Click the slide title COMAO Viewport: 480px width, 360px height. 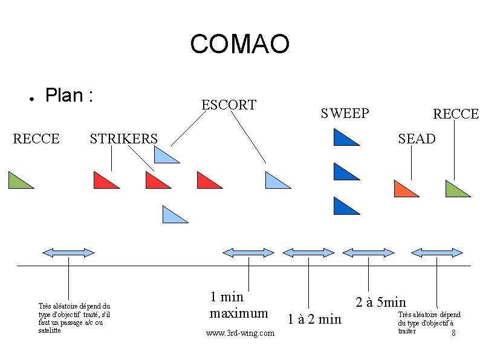[240, 44]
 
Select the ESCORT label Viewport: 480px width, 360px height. [229, 105]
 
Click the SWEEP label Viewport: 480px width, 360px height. [345, 113]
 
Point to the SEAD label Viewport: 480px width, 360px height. [416, 139]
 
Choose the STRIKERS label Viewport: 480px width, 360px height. [123, 139]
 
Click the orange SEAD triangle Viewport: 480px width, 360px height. [404, 190]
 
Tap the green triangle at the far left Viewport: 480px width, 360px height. [18, 181]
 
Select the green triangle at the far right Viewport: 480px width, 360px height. [455, 190]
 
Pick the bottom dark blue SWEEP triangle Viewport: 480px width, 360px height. [343, 208]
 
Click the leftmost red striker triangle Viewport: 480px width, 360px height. [104, 181]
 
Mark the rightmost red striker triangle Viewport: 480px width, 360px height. [207, 182]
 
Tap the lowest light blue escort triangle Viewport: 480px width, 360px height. [172, 215]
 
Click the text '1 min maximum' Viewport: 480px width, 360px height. [238, 305]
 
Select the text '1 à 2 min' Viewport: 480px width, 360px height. [314, 319]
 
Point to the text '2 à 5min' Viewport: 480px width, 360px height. [381, 301]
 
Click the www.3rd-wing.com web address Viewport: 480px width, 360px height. [240, 333]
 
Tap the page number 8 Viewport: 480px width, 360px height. [453, 333]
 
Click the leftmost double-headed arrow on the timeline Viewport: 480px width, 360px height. [68, 252]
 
